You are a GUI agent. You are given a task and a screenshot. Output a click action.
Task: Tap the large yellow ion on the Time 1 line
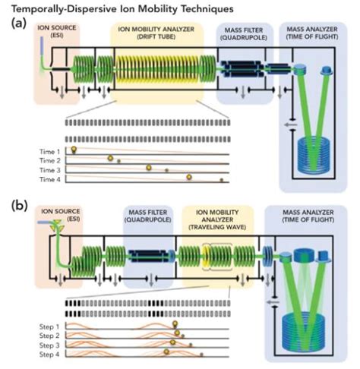point(74,150)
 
